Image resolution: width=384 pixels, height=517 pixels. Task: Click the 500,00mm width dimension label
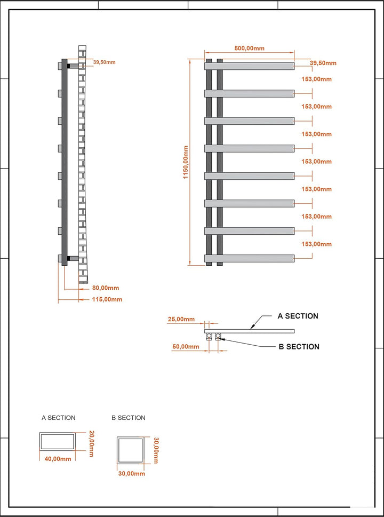tap(249, 48)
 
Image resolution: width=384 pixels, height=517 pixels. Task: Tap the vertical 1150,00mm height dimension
tap(186, 162)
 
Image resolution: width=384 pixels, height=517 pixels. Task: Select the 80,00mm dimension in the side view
tap(106, 288)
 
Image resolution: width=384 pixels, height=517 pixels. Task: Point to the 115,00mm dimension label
tap(107, 299)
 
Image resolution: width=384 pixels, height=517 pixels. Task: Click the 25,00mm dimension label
tap(181, 319)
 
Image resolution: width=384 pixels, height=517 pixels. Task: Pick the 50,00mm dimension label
tap(186, 347)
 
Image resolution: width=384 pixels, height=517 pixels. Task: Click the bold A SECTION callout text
tap(298, 316)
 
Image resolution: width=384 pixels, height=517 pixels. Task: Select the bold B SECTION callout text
tap(299, 347)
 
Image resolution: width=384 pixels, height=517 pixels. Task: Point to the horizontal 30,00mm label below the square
tap(132, 474)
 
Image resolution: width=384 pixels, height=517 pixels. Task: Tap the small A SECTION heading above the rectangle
tap(58, 418)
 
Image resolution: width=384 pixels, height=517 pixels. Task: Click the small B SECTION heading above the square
tap(128, 418)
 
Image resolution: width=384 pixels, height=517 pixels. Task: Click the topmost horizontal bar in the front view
tap(249, 66)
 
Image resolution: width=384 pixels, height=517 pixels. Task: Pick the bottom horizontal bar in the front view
tap(249, 258)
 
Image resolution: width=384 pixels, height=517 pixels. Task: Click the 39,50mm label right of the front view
tap(323, 63)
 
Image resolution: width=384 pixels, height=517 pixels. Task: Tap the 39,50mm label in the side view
tap(105, 62)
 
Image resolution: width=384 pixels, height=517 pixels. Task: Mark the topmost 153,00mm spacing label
tap(316, 79)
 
